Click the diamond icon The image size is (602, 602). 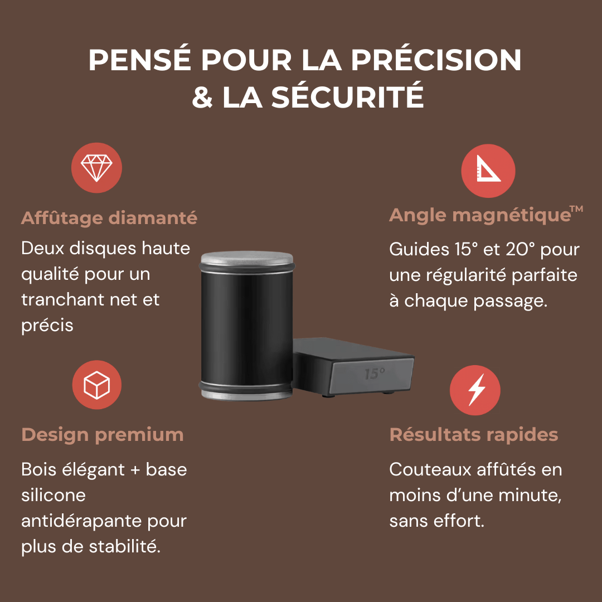pyautogui.click(x=96, y=167)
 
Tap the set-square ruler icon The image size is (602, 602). pyautogui.click(x=488, y=171)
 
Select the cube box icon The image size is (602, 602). pyautogui.click(x=96, y=385)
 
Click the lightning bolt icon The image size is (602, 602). pyautogui.click(x=475, y=390)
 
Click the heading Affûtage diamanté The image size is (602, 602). pyautogui.click(x=109, y=218)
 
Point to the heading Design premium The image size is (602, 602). pyautogui.click(x=103, y=434)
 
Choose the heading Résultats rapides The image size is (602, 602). pyautogui.click(x=474, y=434)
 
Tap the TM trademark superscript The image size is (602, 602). pyautogui.click(x=576, y=209)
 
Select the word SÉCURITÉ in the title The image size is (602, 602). pyautogui.click(x=348, y=97)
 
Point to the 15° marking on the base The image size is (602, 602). pyautogui.click(x=374, y=374)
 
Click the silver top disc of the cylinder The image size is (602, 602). pyautogui.click(x=246, y=258)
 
